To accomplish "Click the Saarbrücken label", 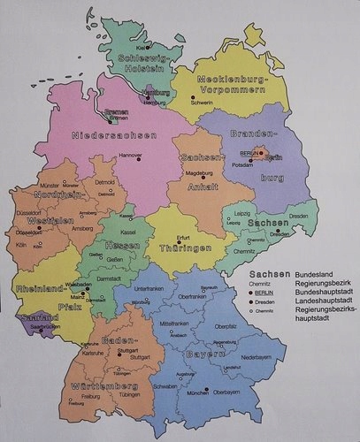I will pyautogui.click(x=44, y=325).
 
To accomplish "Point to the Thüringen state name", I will pyautogui.click(x=185, y=249).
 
